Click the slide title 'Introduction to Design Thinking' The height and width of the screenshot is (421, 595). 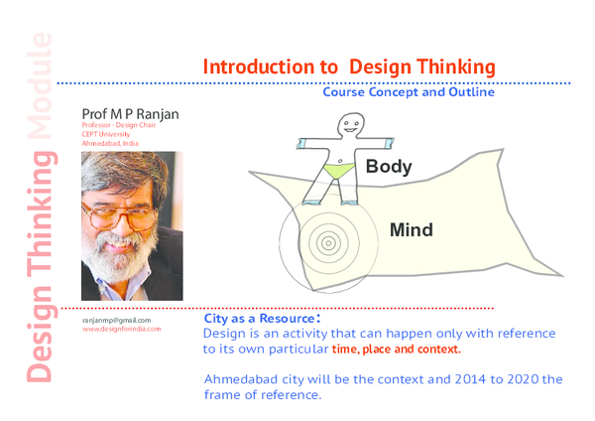348,68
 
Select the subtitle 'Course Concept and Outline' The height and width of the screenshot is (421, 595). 408,92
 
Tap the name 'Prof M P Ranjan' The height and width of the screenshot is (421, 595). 130,114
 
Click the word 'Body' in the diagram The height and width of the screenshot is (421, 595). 388,167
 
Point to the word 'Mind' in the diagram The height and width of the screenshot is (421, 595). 411,230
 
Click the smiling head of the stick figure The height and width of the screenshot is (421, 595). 348,125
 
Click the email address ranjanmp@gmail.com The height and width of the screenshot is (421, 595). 116,320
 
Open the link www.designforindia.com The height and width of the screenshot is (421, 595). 121,329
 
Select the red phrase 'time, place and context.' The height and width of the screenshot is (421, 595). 397,351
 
